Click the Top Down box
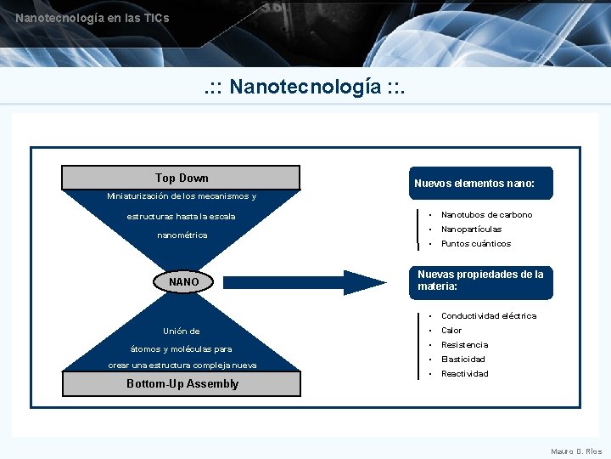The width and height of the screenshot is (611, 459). [x=182, y=178]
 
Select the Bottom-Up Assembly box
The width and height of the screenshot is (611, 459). [x=182, y=383]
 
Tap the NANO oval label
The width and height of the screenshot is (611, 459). [x=183, y=281]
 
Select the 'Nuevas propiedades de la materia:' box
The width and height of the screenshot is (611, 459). [x=480, y=280]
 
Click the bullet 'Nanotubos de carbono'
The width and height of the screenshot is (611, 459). [x=486, y=215]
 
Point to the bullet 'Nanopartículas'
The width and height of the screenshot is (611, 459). [x=471, y=229]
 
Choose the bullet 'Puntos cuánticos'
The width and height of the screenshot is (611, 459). [x=475, y=244]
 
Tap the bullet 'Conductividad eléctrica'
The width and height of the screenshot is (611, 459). [x=488, y=316]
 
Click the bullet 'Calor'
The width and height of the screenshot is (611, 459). [x=451, y=331]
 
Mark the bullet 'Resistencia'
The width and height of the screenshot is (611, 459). [x=464, y=345]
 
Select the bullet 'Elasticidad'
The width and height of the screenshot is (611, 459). [x=462, y=360]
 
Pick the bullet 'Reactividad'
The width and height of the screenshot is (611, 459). [x=464, y=374]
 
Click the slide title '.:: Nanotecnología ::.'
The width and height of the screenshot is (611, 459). [x=305, y=87]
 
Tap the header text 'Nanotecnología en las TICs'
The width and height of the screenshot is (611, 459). [x=92, y=18]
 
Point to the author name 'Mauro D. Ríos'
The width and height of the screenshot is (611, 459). [x=576, y=451]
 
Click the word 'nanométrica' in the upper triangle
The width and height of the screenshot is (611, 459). [x=182, y=235]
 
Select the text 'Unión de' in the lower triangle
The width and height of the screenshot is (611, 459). [x=182, y=331]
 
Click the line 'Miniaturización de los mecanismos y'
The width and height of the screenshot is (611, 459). [x=182, y=196]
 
